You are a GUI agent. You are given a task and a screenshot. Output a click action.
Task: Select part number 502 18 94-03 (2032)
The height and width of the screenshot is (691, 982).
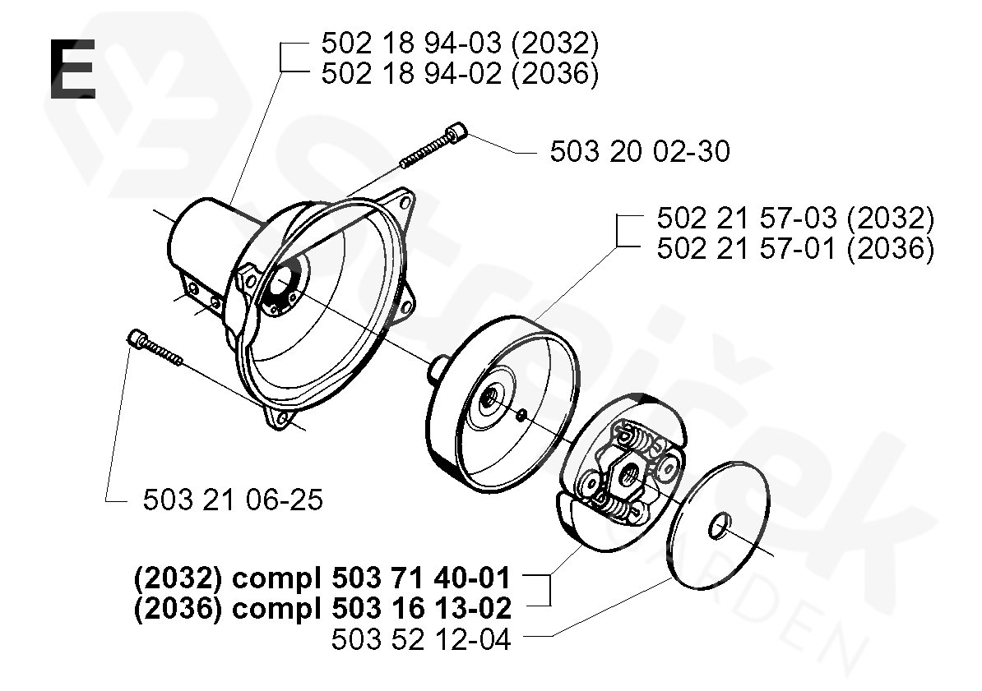pos(459,44)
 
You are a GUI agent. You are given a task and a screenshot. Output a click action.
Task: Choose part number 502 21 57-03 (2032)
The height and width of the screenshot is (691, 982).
pos(794,219)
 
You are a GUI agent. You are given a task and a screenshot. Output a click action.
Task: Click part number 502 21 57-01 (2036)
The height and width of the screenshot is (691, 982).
pos(794,249)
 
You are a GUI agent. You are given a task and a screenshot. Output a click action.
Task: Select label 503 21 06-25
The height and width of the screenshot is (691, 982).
pos(233,500)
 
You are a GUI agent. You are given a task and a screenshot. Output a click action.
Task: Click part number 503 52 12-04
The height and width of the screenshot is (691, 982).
pos(420,639)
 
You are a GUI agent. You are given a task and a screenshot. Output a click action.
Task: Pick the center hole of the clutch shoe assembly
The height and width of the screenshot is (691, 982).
pos(628,472)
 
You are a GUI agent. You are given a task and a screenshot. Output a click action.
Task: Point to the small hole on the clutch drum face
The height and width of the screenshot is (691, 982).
pos(521,416)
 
